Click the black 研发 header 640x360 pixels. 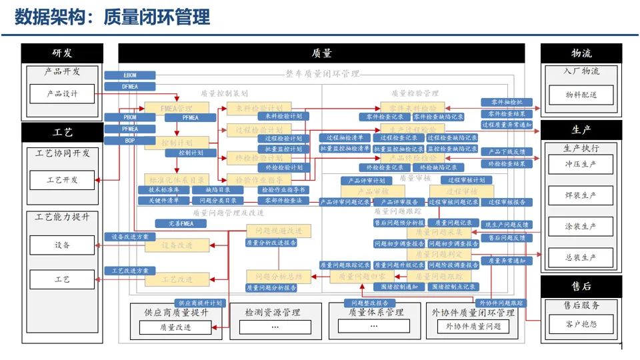pos(62,53)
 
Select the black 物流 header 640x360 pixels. pos(581,53)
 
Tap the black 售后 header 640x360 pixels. pos(581,286)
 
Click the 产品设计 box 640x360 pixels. pos(62,94)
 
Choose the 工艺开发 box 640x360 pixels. pos(62,180)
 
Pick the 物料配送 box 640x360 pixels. pos(581,95)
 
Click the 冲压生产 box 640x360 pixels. pos(580,163)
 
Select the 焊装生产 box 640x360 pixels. pos(580,195)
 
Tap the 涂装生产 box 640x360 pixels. pos(580,227)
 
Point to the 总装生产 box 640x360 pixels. pos(580,257)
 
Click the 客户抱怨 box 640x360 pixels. pos(580,325)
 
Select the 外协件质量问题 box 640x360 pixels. pos(473,327)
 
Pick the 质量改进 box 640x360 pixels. pos(175,327)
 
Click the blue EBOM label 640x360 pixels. pos(130,75)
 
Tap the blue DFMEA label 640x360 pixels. pos(130,86)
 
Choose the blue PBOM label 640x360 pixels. pos(130,117)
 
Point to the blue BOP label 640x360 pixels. pos(130,141)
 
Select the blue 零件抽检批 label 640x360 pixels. pos(507,102)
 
